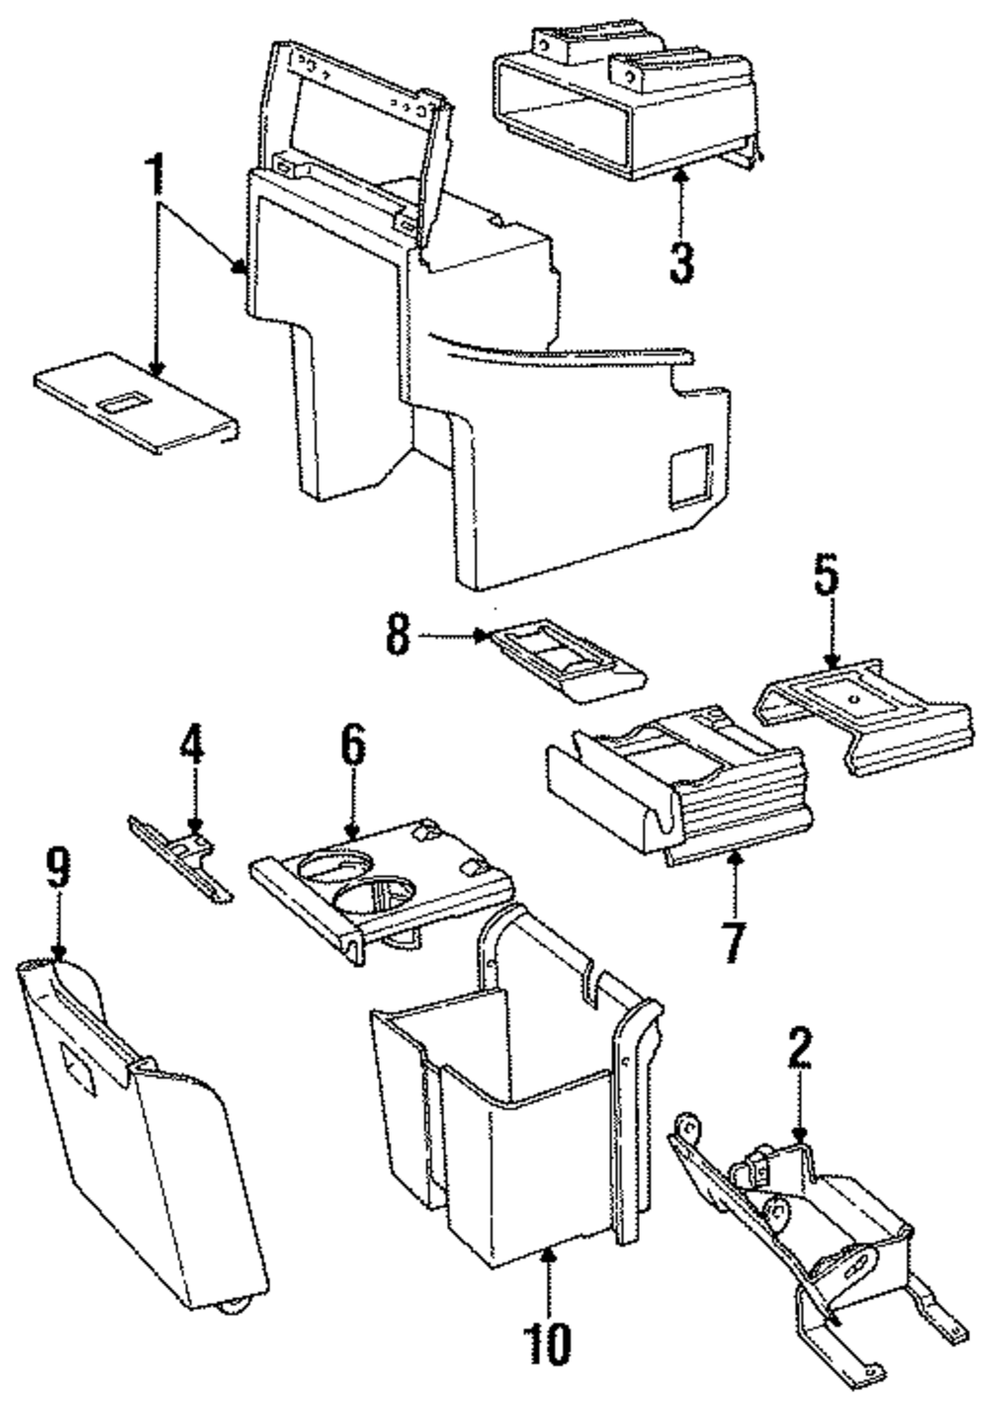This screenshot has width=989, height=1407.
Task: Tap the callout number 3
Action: (681, 263)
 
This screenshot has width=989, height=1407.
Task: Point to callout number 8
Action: (399, 635)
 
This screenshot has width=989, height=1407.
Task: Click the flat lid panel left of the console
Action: (136, 401)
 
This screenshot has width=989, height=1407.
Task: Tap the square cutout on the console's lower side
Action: (690, 475)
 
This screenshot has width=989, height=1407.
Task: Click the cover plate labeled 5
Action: (864, 718)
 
